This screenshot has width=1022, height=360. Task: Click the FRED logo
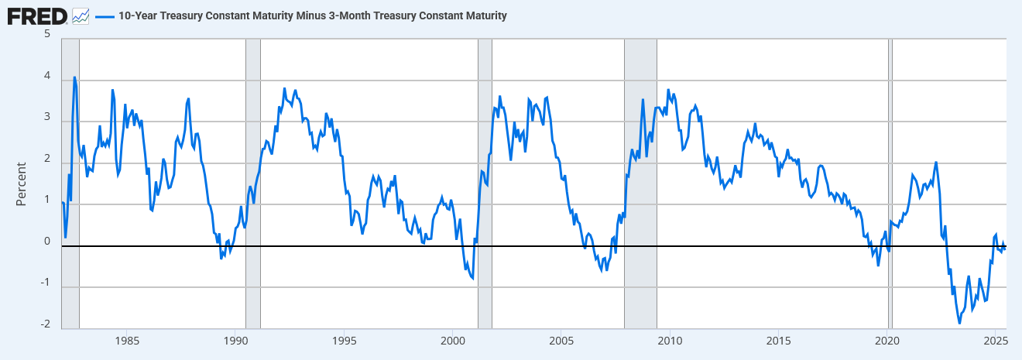(x=36, y=15)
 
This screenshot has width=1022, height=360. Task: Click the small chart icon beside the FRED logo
(x=81, y=15)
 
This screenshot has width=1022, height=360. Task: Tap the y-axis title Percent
(x=22, y=183)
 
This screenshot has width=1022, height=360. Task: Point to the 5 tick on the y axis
(x=47, y=35)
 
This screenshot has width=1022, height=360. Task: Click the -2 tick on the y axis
(x=46, y=324)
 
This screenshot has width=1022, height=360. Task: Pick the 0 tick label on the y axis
(x=47, y=241)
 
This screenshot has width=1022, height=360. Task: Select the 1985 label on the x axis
(x=127, y=341)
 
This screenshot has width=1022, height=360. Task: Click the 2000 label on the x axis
(x=452, y=341)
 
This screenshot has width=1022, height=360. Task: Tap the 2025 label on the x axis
(x=995, y=341)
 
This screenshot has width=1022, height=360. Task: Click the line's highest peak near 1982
(x=74, y=77)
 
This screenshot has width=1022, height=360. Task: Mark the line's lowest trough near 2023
(x=959, y=323)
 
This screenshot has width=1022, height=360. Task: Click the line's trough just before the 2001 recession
(x=472, y=278)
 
